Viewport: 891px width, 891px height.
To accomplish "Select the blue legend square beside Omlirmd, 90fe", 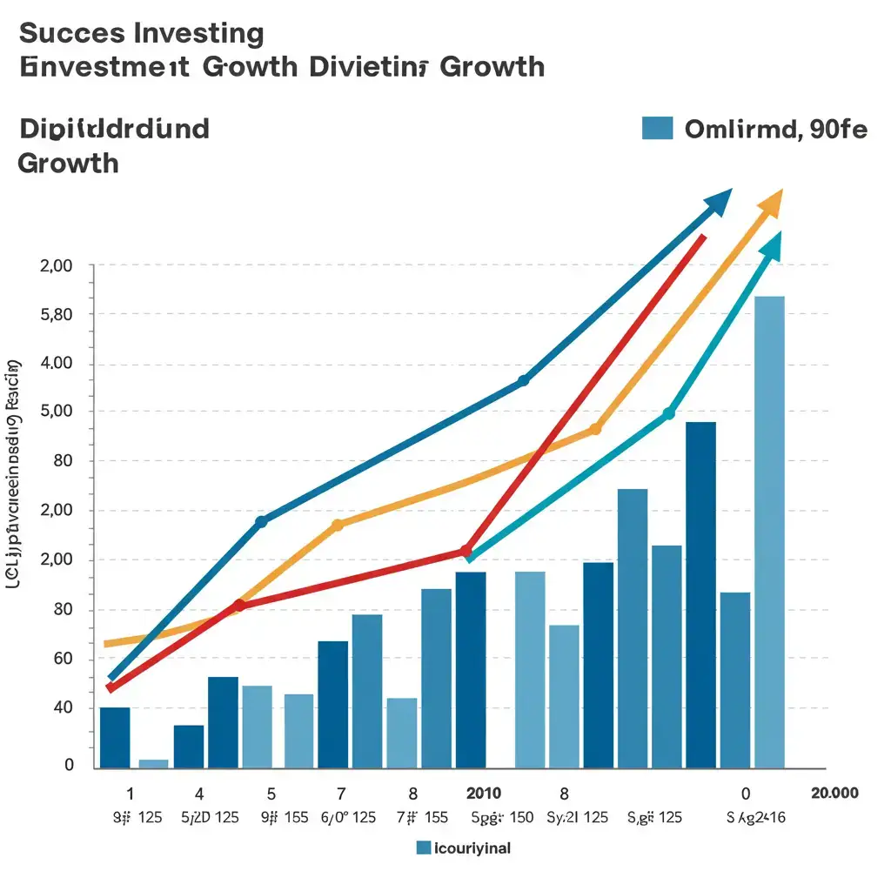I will (657, 127).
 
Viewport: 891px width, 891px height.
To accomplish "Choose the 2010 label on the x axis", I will (484, 793).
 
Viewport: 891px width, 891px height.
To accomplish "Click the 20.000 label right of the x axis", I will (834, 793).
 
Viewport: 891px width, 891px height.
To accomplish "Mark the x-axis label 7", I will (340, 793).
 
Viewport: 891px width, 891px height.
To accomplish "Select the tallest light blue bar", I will (769, 531).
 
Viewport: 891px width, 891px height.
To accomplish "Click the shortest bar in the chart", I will (153, 763).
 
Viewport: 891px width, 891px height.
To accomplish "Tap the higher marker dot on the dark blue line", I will (523, 380).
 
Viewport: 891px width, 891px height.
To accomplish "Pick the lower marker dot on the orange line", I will (338, 525).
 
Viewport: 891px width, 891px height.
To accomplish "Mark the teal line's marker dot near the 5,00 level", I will (668, 414).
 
